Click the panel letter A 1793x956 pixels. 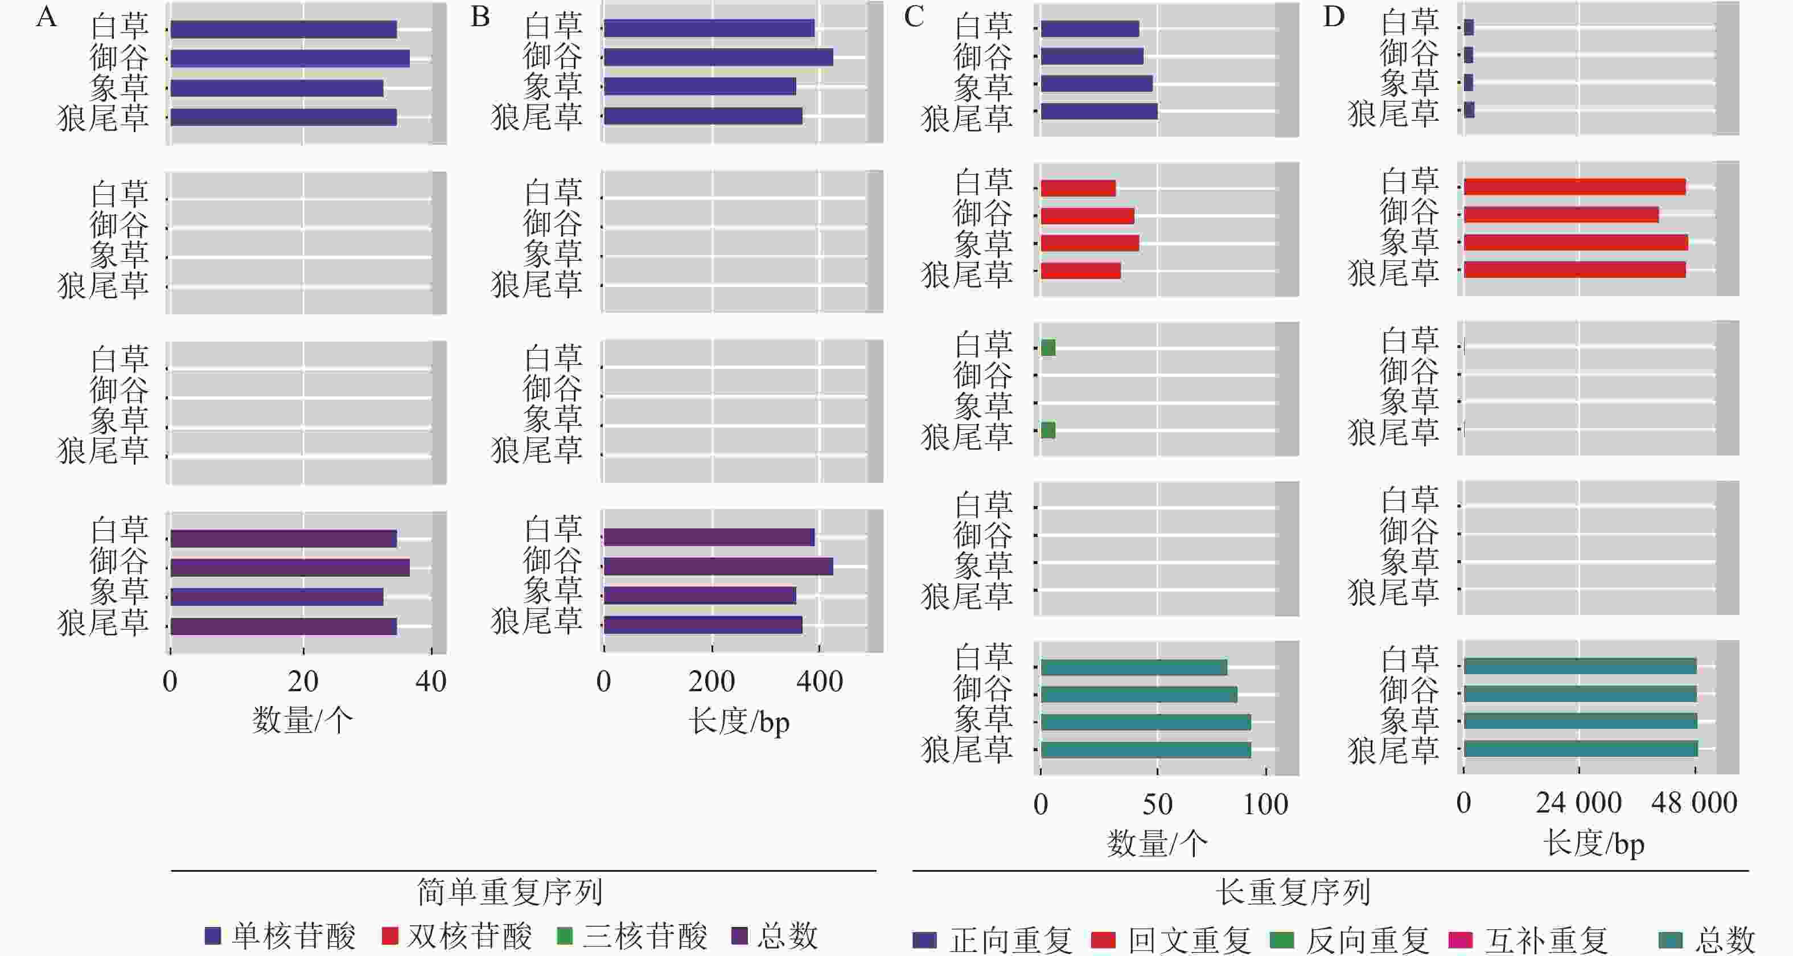(x=46, y=17)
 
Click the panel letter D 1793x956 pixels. (x=1334, y=17)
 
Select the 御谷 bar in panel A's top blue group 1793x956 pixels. (x=290, y=59)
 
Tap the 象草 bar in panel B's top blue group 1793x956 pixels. (x=700, y=87)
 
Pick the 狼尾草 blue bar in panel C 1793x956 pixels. (x=1099, y=112)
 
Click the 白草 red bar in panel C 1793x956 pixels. (x=1078, y=188)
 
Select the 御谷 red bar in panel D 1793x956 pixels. (x=1561, y=215)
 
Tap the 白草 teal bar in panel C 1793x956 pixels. (x=1134, y=668)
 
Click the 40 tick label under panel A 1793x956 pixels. (x=431, y=682)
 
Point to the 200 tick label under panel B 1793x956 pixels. (x=712, y=682)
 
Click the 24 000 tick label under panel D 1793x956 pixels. (x=1578, y=803)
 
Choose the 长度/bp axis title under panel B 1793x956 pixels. (x=739, y=722)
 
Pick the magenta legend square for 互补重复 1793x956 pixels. (x=1460, y=940)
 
